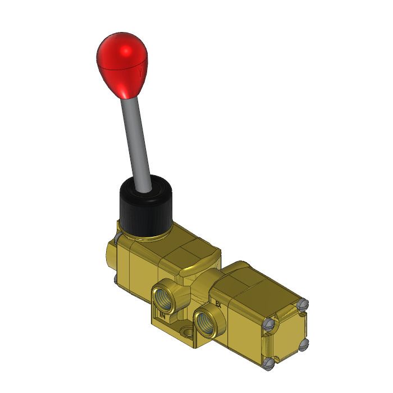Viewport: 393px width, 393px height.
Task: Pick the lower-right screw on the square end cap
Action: [304, 344]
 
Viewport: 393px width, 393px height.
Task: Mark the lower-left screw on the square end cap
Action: [269, 363]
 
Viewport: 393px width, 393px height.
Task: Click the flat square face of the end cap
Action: [287, 334]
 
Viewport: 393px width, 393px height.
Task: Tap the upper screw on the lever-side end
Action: [116, 239]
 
